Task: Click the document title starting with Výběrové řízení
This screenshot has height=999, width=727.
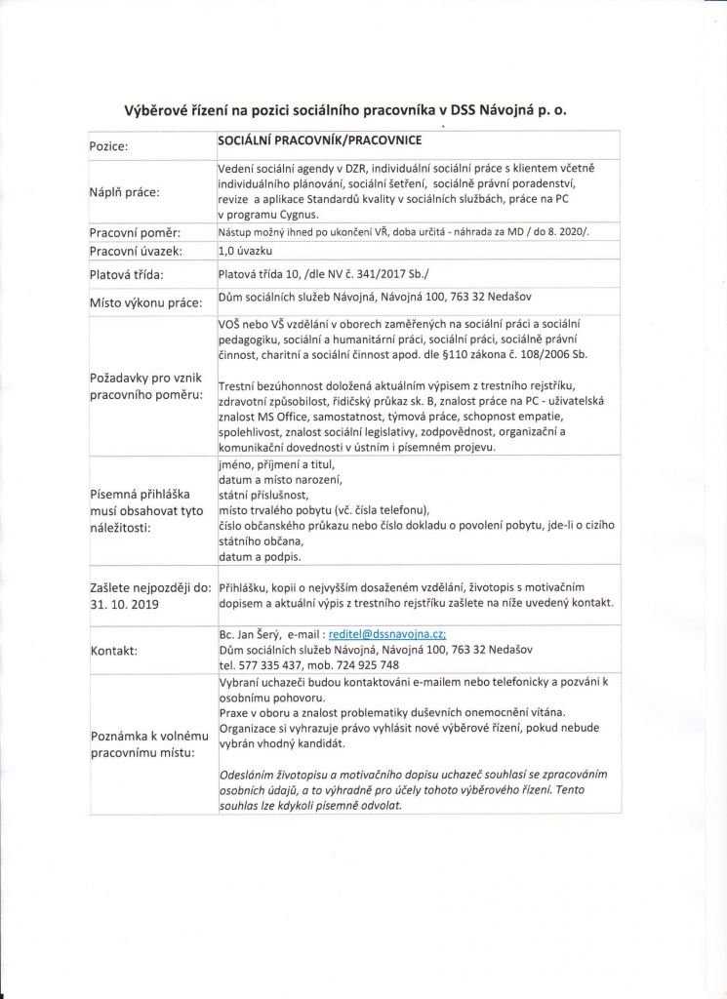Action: (346, 110)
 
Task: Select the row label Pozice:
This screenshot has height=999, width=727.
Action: (115, 145)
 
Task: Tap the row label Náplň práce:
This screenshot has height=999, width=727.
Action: (124, 192)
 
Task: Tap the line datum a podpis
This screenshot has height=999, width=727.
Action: (260, 557)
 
